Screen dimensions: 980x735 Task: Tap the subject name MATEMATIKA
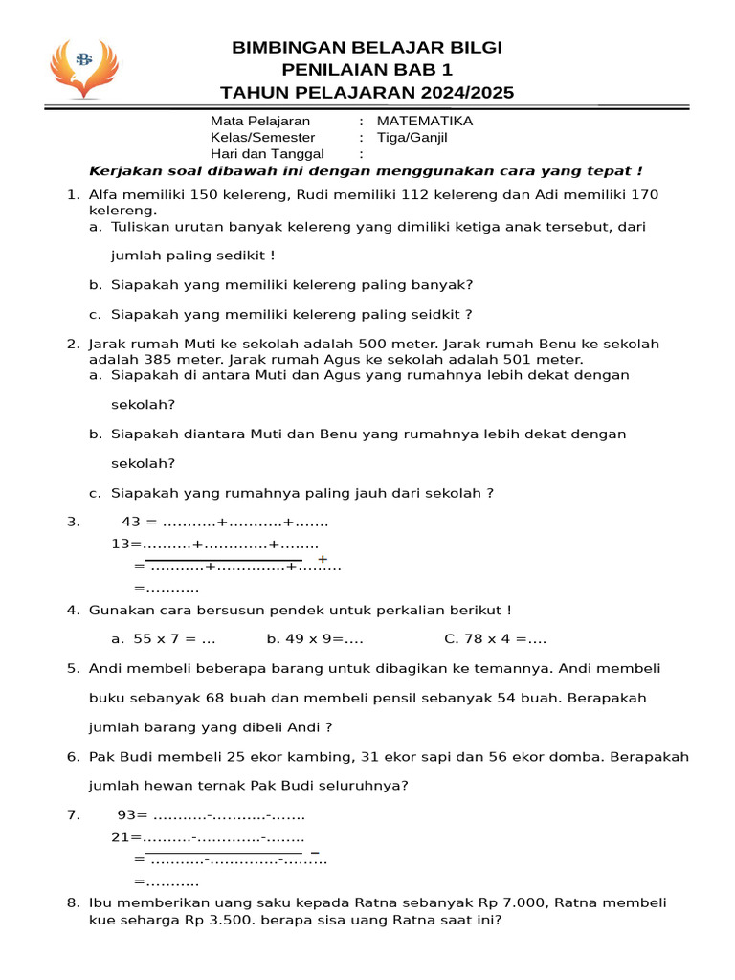coord(425,121)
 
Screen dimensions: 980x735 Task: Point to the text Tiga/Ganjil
coord(412,137)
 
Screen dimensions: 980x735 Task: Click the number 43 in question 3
coord(131,522)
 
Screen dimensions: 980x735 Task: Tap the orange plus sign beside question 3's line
coord(323,559)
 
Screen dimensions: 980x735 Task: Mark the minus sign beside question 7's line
coord(315,852)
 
